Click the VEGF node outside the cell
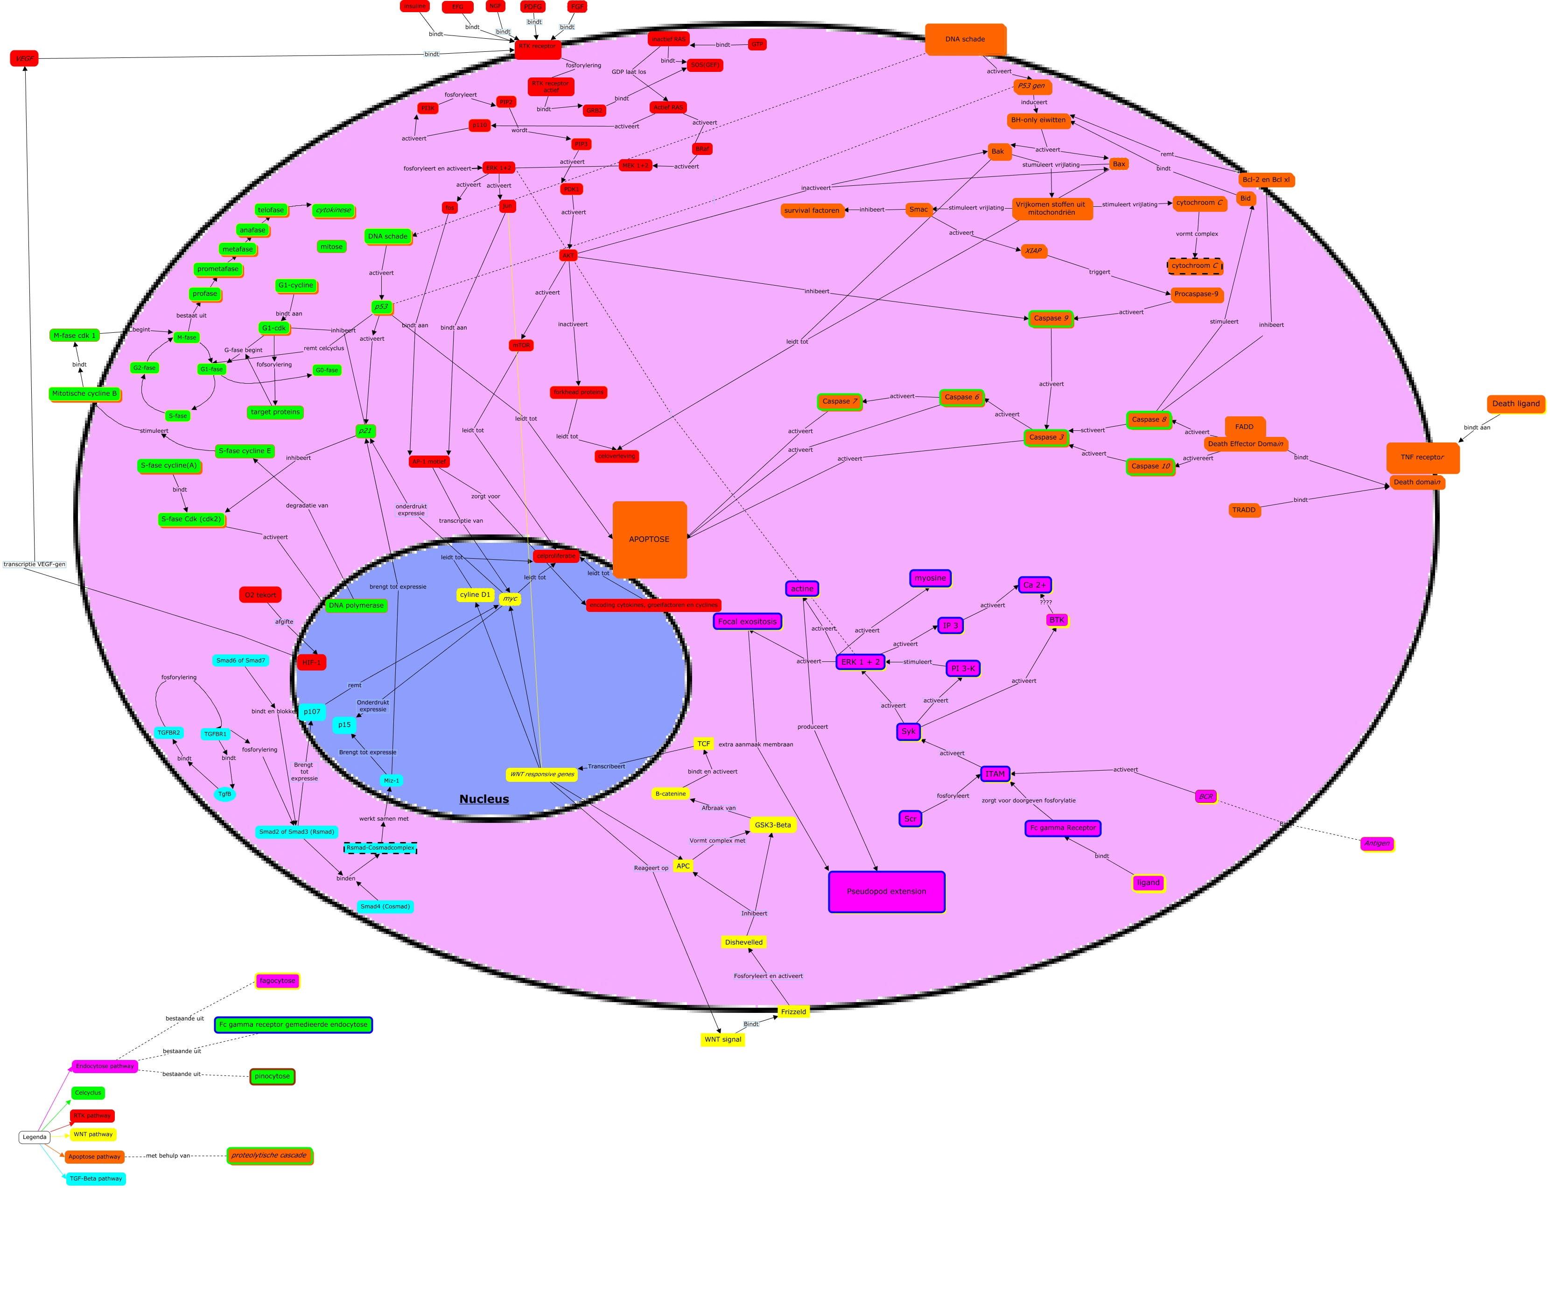tap(24, 58)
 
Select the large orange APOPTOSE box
tap(649, 539)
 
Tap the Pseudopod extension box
tap(886, 892)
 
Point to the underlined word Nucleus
tap(484, 799)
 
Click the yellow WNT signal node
tap(722, 1039)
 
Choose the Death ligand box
tap(1515, 403)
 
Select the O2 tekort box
tap(260, 595)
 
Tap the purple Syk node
tap(908, 731)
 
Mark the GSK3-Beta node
tap(773, 825)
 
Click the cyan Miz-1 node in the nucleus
tap(392, 780)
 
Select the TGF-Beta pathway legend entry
tap(96, 1179)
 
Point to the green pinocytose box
tap(273, 1076)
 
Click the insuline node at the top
tap(414, 7)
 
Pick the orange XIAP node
tap(1033, 251)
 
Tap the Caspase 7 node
tap(840, 401)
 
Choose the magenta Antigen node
tap(1377, 843)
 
